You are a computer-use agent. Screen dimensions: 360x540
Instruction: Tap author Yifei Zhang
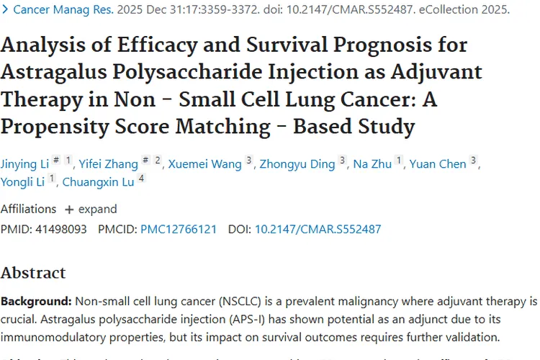click(x=109, y=164)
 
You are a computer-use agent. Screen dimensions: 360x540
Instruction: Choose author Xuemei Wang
click(x=204, y=164)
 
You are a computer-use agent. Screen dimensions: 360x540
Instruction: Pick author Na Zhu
click(x=372, y=164)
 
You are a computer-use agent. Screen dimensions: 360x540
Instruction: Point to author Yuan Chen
click(x=438, y=164)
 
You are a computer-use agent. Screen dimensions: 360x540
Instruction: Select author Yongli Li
click(x=23, y=182)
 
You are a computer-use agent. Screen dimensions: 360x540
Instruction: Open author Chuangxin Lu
click(x=98, y=182)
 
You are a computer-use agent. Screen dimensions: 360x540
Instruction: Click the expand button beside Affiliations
click(x=91, y=210)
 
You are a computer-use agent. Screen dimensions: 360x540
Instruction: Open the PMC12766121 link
click(x=179, y=230)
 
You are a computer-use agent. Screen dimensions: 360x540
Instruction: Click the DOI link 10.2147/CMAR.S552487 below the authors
click(x=318, y=230)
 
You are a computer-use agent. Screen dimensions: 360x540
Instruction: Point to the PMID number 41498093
click(x=61, y=230)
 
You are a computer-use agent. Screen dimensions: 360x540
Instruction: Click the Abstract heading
click(x=33, y=273)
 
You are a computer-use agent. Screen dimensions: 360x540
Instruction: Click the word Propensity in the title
click(x=55, y=127)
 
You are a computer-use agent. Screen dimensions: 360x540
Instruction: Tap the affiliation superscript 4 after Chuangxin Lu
click(x=142, y=179)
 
